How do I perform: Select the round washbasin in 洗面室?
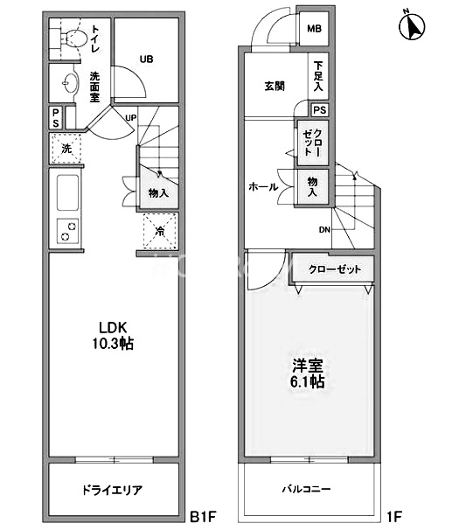point(69,83)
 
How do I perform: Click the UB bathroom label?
point(146,59)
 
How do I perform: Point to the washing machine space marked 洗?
point(66,148)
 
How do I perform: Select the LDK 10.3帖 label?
point(115,336)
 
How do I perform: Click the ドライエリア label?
point(114,490)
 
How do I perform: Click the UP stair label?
point(130,118)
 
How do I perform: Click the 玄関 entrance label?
point(275,86)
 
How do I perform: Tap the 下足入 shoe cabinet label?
point(318,77)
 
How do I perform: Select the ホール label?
point(263,186)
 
